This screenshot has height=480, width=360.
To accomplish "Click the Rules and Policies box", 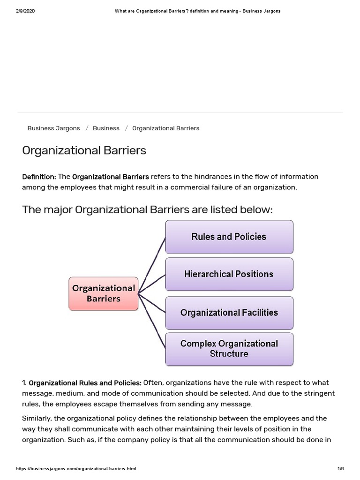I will pyautogui.click(x=229, y=237).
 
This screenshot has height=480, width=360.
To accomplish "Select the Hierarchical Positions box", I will pyautogui.click(x=229, y=274).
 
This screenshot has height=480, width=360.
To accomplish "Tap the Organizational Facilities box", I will pyautogui.click(x=229, y=313).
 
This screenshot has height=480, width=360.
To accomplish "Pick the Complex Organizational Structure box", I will pyautogui.click(x=229, y=349).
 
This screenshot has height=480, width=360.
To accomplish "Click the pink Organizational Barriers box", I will pyautogui.click(x=104, y=293).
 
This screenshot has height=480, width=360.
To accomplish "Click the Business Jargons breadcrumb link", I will pyautogui.click(x=53, y=128).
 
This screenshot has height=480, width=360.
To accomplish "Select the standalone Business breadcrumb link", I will pyautogui.click(x=106, y=128).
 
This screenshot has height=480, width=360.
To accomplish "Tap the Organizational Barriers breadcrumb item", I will pyautogui.click(x=165, y=128).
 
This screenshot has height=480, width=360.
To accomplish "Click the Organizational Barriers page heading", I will pyautogui.click(x=84, y=150).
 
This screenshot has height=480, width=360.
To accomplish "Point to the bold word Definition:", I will pyautogui.click(x=39, y=177).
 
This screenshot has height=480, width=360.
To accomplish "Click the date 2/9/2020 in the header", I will pyautogui.click(x=25, y=11).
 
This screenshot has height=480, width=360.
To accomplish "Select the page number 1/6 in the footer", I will pyautogui.click(x=340, y=469).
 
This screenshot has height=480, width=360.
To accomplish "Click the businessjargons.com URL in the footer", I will pyautogui.click(x=76, y=469).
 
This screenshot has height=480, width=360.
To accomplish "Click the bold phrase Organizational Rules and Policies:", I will pyautogui.click(x=85, y=383).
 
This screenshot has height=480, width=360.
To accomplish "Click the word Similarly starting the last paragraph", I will pyautogui.click(x=38, y=418).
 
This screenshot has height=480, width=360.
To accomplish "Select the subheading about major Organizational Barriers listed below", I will pyautogui.click(x=147, y=210).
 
